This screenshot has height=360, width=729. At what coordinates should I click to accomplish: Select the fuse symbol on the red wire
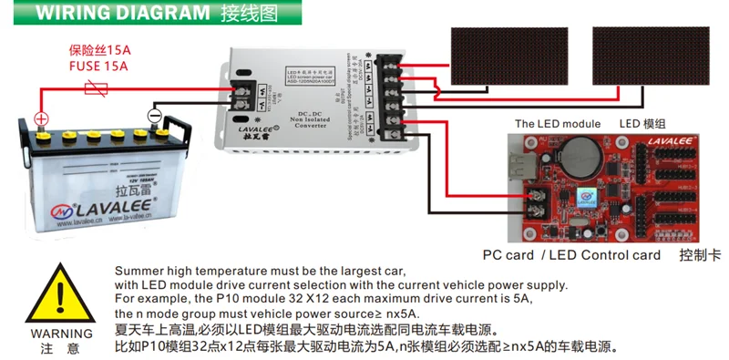[96, 88]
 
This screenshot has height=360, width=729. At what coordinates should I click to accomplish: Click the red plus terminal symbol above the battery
[41, 118]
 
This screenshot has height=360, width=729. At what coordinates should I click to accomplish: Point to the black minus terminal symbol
[154, 116]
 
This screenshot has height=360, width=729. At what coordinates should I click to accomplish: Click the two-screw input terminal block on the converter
[244, 93]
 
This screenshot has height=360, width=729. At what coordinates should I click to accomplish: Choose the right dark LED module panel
[652, 56]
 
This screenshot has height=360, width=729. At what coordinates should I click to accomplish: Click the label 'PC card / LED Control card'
[571, 255]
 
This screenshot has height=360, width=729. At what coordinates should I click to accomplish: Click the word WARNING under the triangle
[61, 334]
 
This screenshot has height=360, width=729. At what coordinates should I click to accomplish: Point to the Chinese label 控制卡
[700, 255]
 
